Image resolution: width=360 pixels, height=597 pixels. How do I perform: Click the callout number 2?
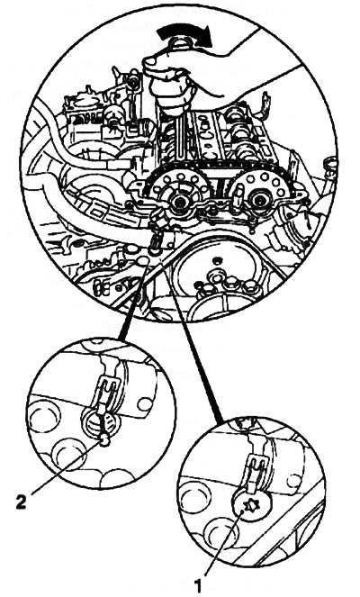[x=22, y=502]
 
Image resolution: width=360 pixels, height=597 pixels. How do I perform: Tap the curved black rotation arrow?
[x=185, y=37]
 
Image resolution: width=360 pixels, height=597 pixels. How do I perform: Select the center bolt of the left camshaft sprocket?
[x=177, y=203]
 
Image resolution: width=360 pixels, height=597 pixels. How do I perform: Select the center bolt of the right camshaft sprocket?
[x=260, y=199]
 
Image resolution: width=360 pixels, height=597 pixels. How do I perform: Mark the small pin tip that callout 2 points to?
[x=104, y=441]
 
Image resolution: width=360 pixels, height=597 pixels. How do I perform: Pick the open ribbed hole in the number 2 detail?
[x=100, y=424]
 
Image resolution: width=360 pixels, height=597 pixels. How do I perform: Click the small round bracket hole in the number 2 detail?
[x=145, y=404]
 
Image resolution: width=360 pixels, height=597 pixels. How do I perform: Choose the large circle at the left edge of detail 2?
[x=44, y=418]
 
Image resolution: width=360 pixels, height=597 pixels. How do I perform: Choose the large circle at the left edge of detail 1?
[x=194, y=497]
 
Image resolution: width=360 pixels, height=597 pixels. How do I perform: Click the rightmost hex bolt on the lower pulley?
[x=250, y=286]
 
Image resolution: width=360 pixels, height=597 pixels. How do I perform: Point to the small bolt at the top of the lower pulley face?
[x=217, y=260]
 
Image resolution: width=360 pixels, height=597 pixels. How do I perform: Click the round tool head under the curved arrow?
[x=179, y=43]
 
